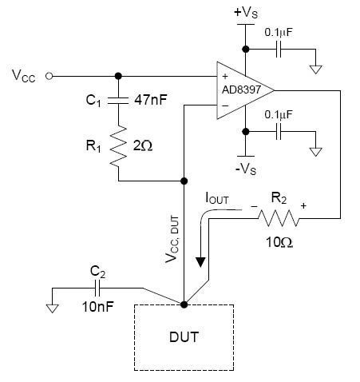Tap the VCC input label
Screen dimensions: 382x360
[x=24, y=76]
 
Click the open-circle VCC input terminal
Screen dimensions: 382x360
[x=50, y=76]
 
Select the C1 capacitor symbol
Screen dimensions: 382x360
[x=118, y=101]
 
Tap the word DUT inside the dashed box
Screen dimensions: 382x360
[x=184, y=336]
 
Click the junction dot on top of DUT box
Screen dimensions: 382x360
[x=184, y=304]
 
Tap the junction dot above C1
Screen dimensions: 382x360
[x=118, y=76]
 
